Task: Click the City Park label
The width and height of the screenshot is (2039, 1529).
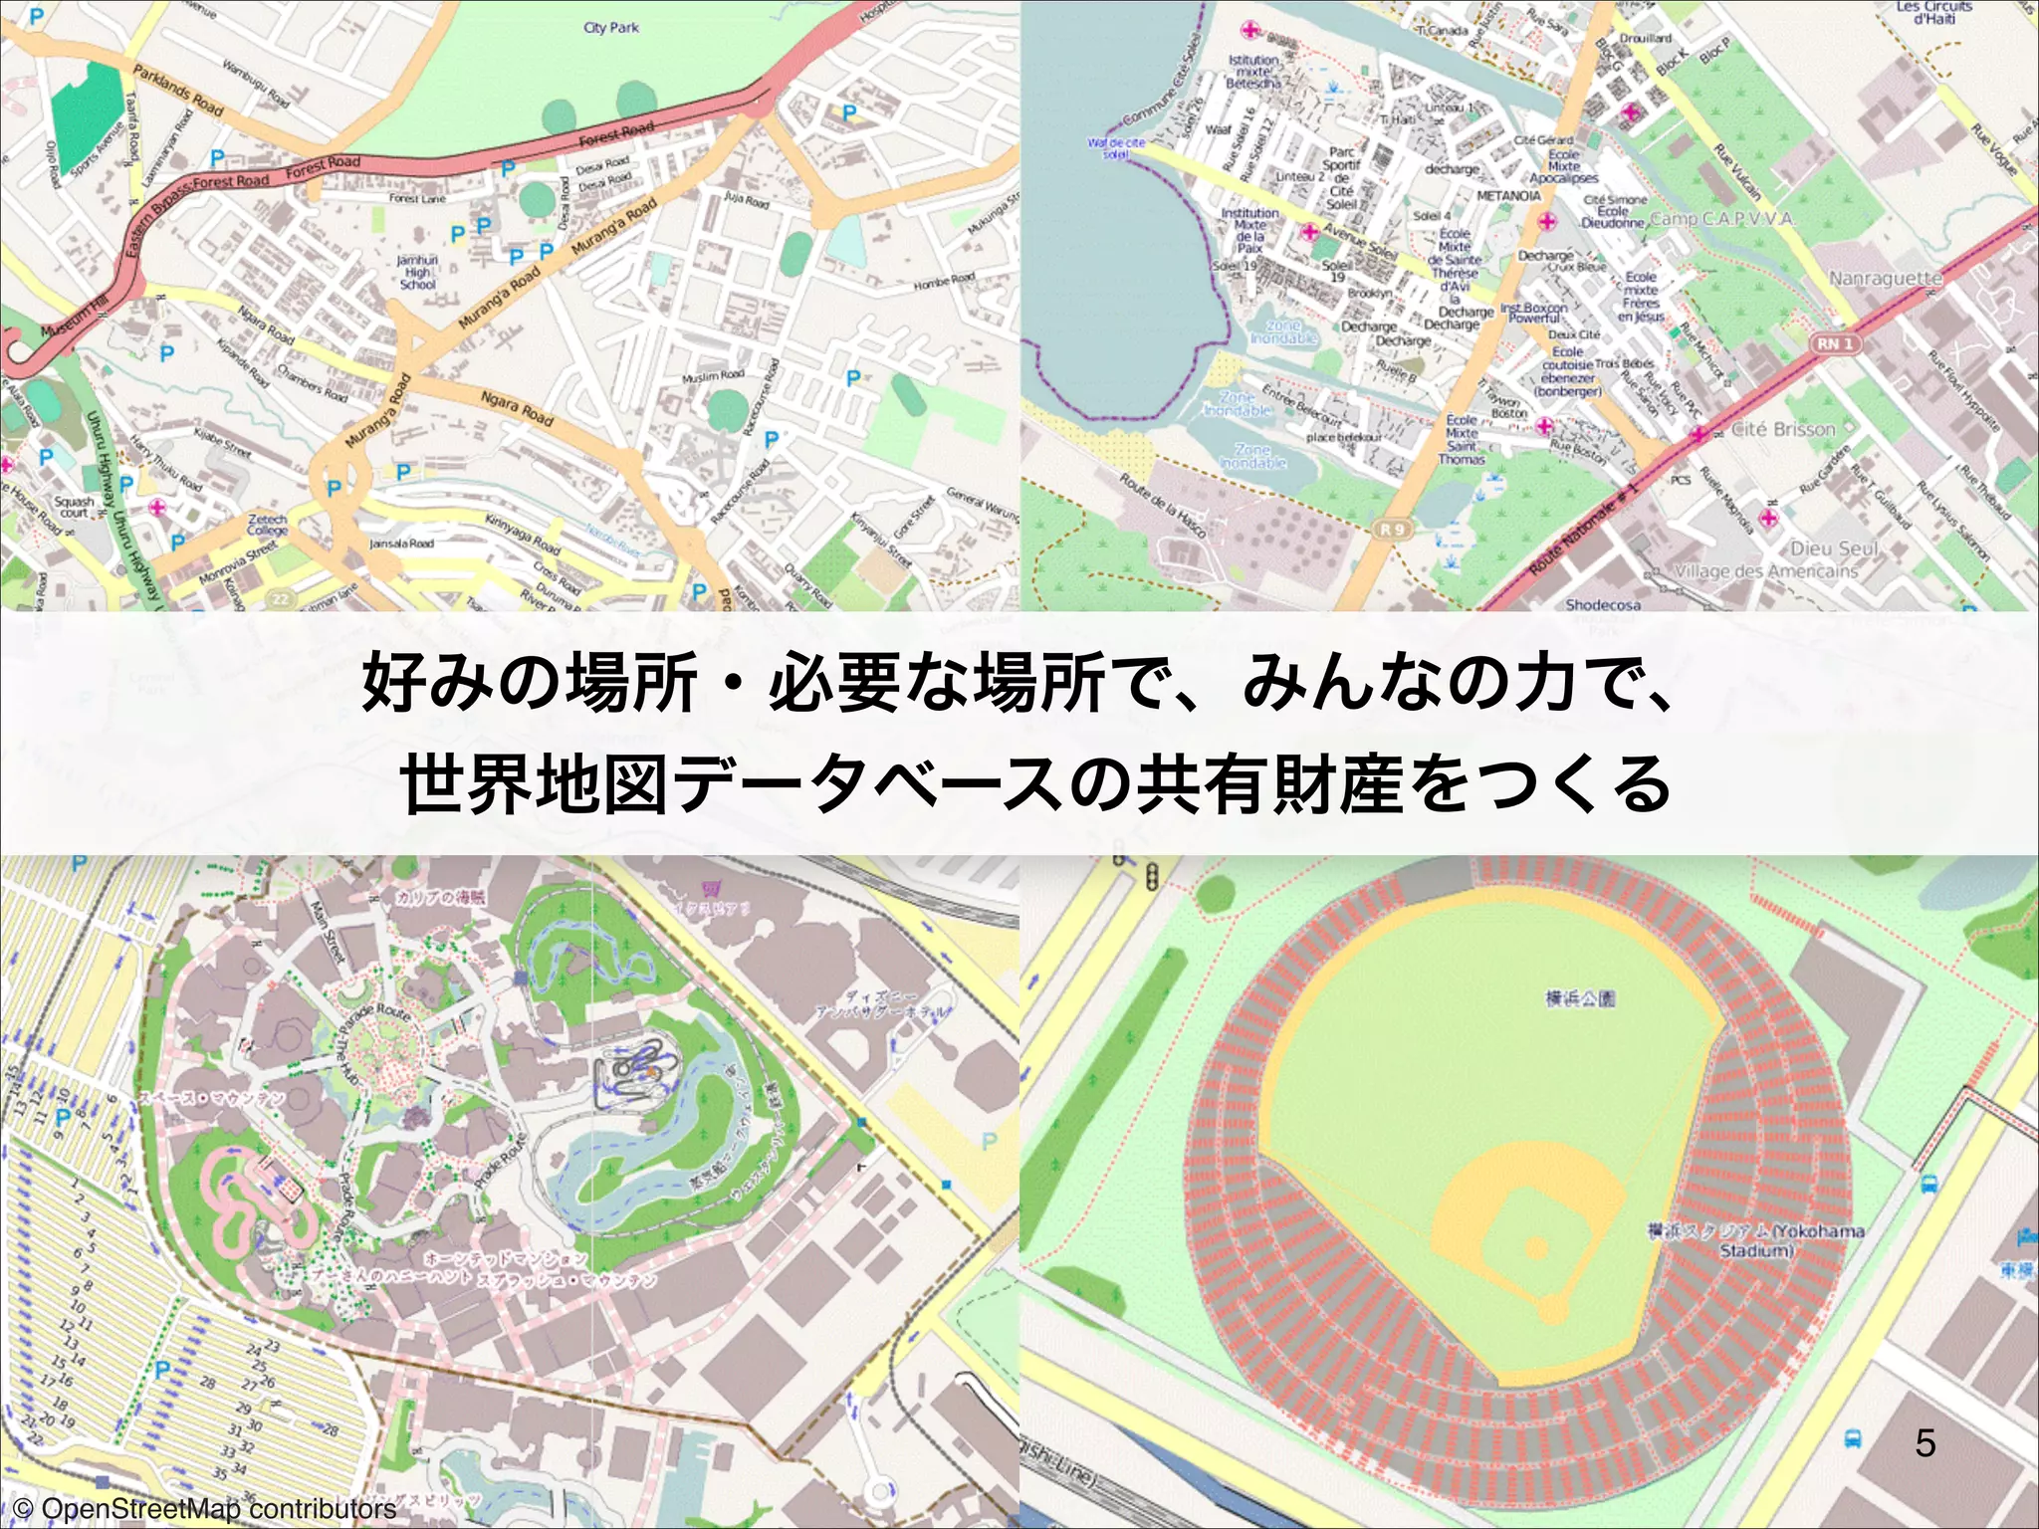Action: (x=611, y=27)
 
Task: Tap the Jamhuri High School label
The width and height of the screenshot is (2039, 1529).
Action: (x=417, y=272)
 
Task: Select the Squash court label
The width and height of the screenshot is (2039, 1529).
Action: (x=75, y=507)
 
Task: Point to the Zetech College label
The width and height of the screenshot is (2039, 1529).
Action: (x=267, y=525)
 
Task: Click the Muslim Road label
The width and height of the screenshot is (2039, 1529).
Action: (x=713, y=376)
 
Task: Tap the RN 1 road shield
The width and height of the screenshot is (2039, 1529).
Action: (x=1835, y=343)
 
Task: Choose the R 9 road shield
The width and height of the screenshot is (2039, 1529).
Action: (x=1392, y=530)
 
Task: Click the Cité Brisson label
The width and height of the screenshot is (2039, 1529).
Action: (x=1782, y=429)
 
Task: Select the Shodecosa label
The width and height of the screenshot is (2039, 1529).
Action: (x=1603, y=604)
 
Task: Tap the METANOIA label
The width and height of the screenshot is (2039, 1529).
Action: (x=1508, y=195)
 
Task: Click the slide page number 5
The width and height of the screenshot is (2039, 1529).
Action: (x=1926, y=1442)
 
